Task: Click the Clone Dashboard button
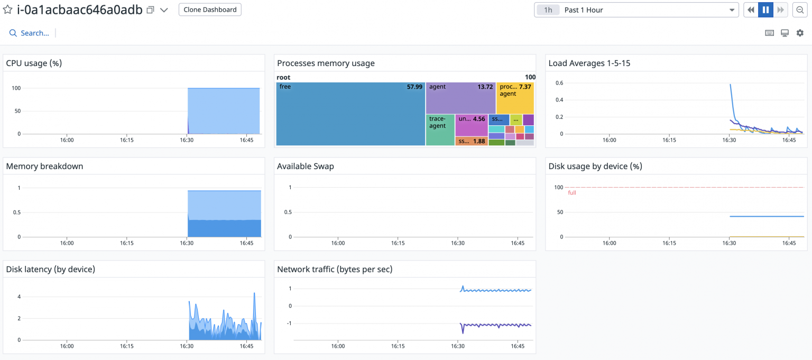210,10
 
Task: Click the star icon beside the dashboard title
8,10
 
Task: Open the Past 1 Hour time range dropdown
636,10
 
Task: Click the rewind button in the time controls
751,10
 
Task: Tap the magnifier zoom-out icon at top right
800,10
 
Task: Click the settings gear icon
800,33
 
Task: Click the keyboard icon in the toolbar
770,33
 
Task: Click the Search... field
34,33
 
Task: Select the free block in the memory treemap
350,114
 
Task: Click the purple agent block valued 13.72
460,98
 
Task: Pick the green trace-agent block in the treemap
440,130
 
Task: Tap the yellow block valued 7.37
515,98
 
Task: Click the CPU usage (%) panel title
34,63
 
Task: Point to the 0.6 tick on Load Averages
559,83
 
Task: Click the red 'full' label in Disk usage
572,193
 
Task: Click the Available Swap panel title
306,166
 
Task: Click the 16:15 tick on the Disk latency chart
126,346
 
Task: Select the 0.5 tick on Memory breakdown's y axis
16,213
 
